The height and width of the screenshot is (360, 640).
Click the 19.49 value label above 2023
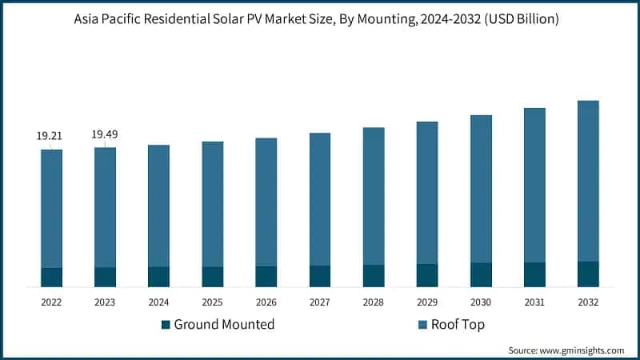[x=105, y=134]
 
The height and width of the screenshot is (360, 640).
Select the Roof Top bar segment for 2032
[x=588, y=181]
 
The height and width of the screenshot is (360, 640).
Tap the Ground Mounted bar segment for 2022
[x=52, y=277]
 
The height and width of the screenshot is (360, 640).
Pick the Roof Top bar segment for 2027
[x=320, y=199]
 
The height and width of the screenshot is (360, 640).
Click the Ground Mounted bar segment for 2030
[x=481, y=274]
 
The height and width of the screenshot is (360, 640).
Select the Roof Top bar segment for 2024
[x=158, y=206]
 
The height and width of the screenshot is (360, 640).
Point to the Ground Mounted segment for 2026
[x=266, y=276]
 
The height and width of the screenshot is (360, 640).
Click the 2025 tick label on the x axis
[x=212, y=302]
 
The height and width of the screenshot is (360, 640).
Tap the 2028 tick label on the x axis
[x=374, y=302]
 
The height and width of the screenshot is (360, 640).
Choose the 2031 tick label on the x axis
[x=534, y=302]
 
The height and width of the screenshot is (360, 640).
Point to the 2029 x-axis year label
[x=427, y=302]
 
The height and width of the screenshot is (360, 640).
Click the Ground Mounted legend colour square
[x=166, y=325]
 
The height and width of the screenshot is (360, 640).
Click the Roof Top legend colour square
[x=422, y=325]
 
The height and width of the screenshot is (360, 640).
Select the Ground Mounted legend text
[x=224, y=325]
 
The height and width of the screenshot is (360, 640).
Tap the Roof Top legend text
[x=458, y=325]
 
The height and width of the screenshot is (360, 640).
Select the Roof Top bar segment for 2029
[x=427, y=193]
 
